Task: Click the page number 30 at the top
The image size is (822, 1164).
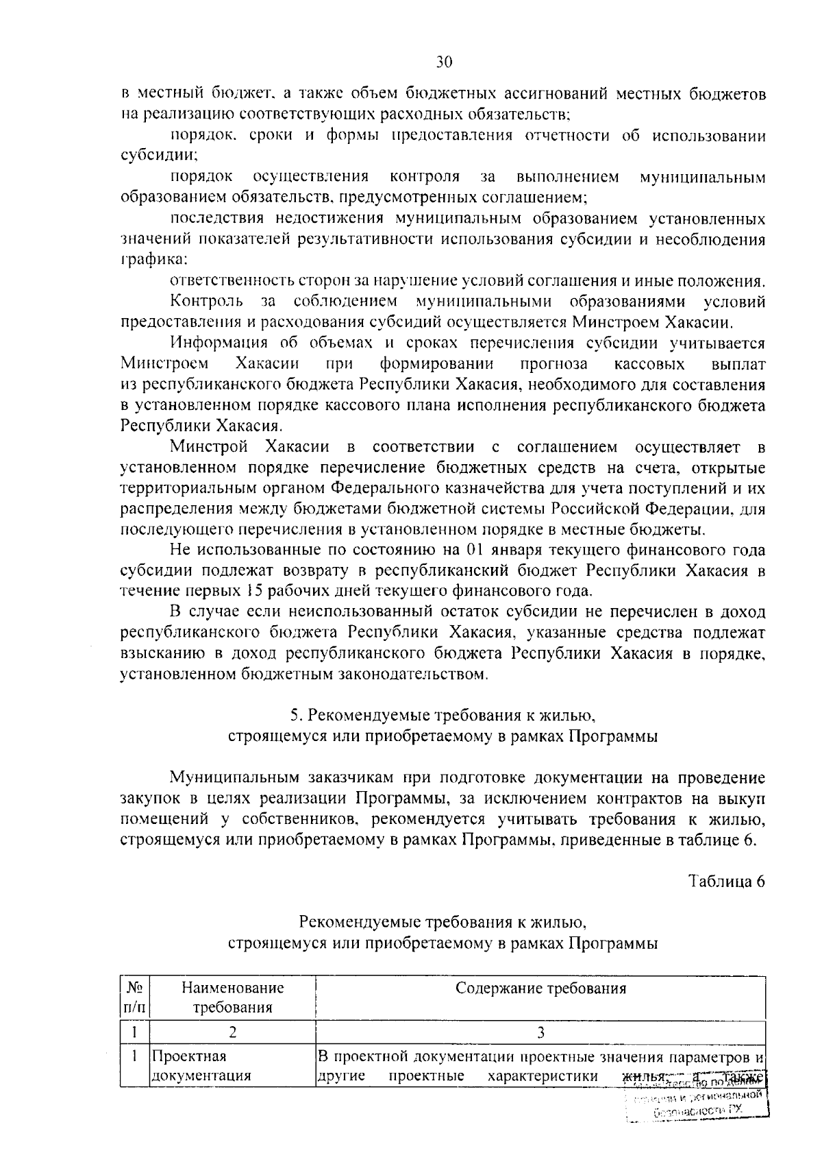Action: [x=443, y=62]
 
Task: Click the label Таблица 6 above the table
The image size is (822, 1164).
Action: [x=726, y=882]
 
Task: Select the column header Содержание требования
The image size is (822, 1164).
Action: [x=540, y=988]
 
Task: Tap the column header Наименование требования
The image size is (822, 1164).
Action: [x=232, y=997]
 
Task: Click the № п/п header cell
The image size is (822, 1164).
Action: [x=134, y=997]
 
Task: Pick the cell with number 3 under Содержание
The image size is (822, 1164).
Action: [x=540, y=1033]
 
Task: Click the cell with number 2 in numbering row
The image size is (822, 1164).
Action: [x=232, y=1033]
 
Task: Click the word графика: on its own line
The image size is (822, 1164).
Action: [x=154, y=260]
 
